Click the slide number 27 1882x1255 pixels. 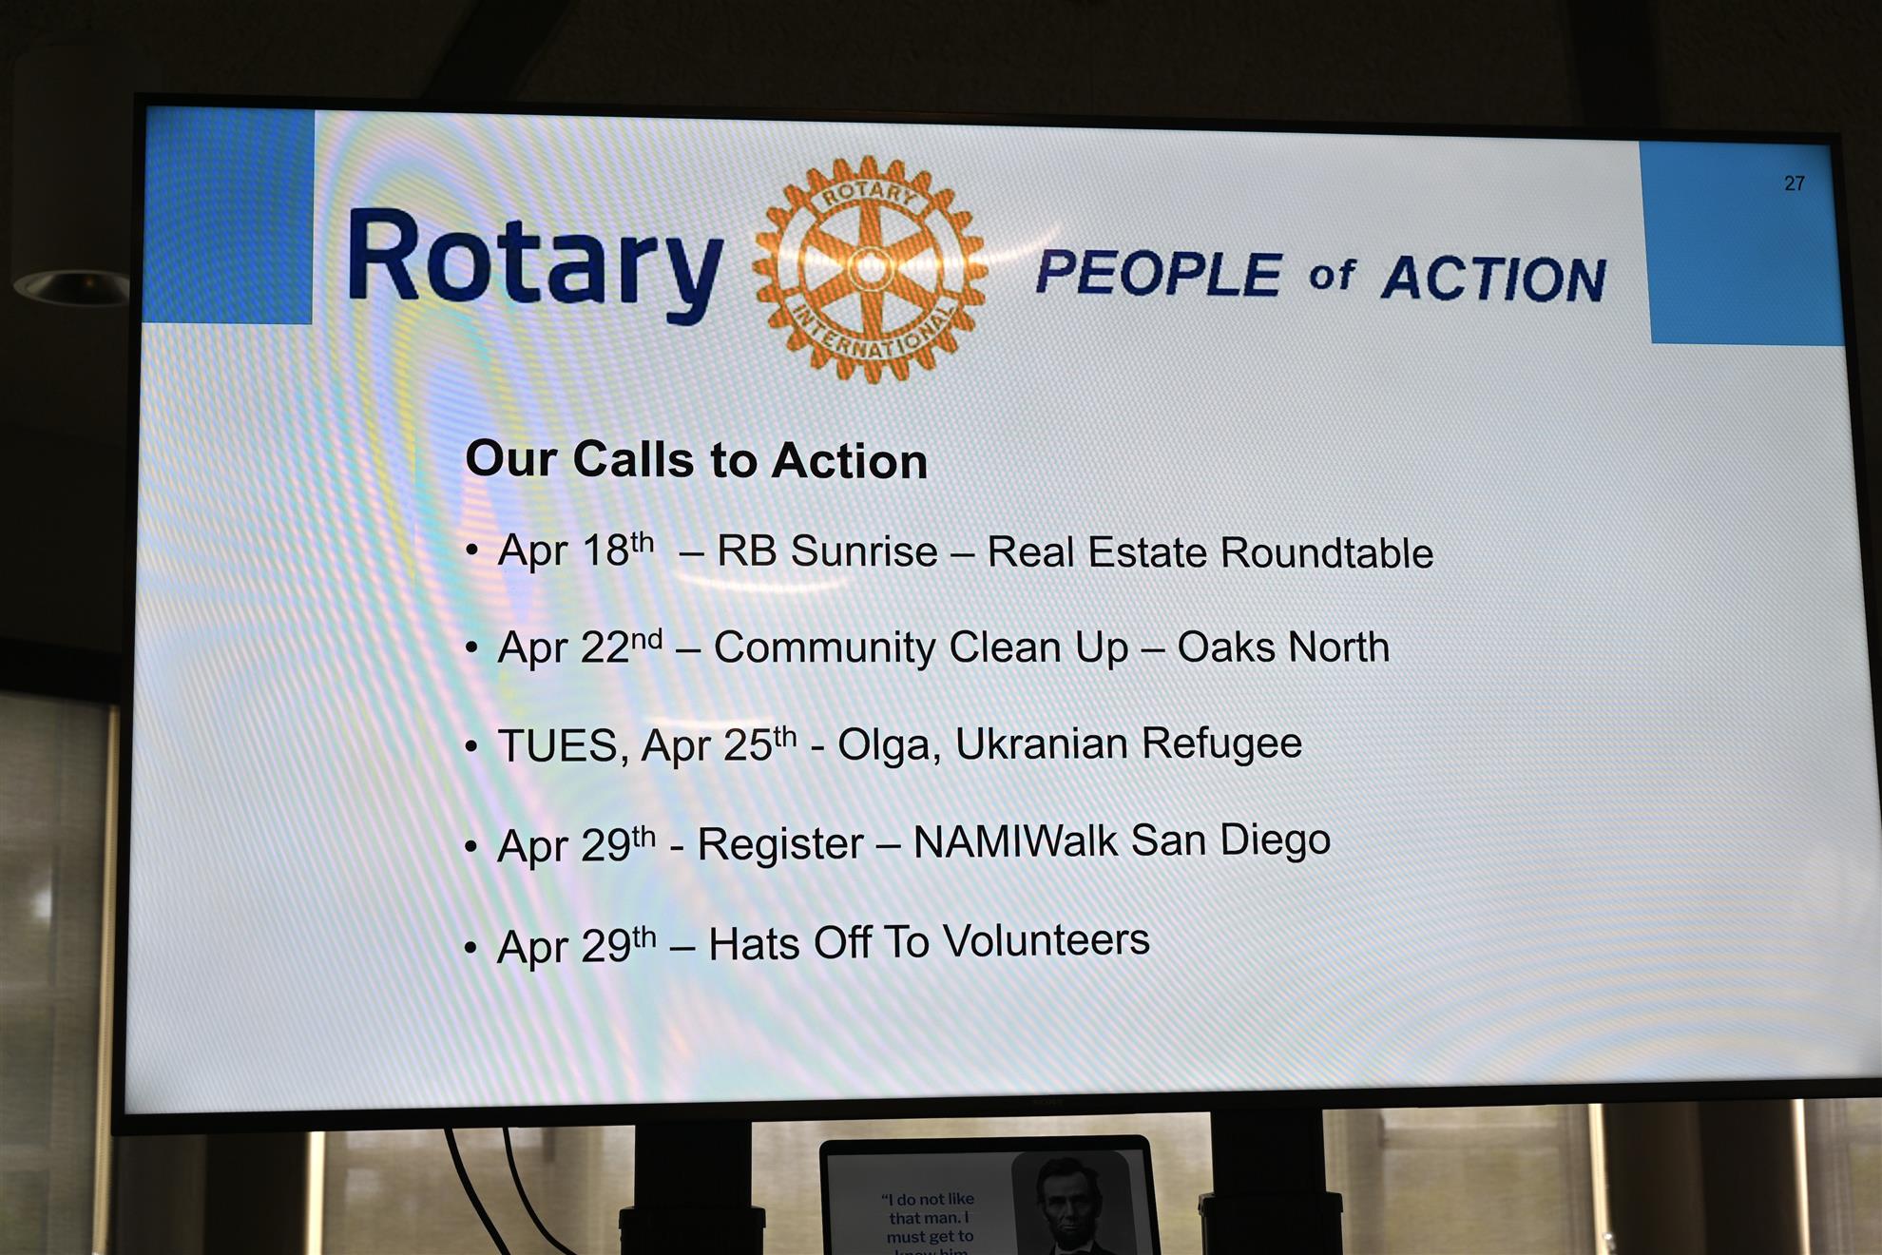coord(1794,183)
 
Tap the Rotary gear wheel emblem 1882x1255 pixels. coord(869,269)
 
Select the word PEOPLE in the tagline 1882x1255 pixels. coord(1159,274)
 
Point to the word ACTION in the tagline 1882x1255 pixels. coord(1493,279)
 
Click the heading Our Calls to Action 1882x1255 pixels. coord(696,460)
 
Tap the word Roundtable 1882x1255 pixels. coord(1327,552)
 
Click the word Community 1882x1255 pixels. coord(824,647)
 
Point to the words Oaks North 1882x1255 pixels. coord(1282,647)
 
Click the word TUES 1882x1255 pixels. coord(558,746)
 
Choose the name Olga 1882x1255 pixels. coord(888,745)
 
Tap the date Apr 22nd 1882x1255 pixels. coord(579,648)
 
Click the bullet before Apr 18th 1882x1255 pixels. coord(471,550)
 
